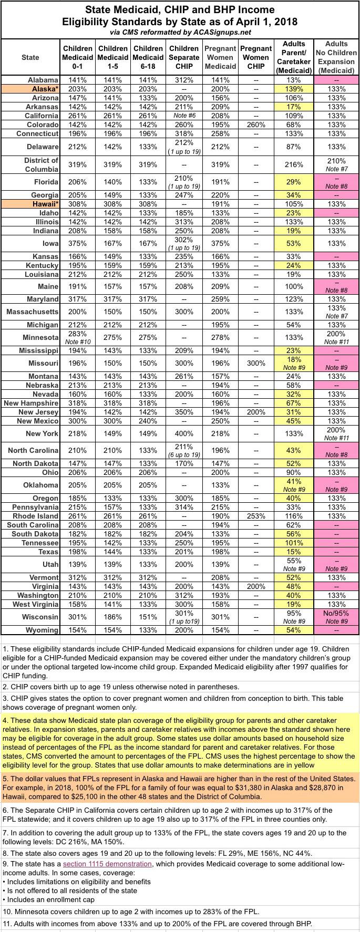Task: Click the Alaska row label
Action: click(x=45, y=89)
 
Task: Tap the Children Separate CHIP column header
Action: click(x=184, y=57)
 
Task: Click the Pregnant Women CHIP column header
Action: click(x=256, y=57)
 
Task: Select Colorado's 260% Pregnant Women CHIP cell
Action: click(x=256, y=125)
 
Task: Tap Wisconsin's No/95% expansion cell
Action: click(x=336, y=613)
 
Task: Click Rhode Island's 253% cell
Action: click(x=256, y=516)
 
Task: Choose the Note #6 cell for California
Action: click(x=184, y=116)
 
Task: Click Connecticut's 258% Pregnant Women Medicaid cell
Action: click(x=220, y=133)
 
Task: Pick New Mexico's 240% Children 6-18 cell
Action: click(x=148, y=420)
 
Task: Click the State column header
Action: click(x=30, y=57)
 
